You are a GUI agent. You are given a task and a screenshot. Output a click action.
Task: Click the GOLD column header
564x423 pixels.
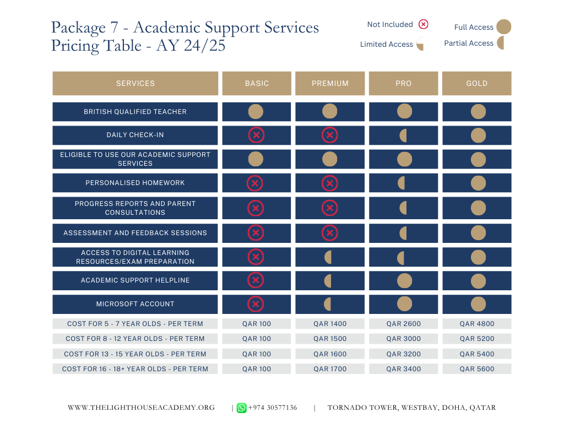click(x=476, y=84)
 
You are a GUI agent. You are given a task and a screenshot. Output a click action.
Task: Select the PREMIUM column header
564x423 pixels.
click(x=330, y=84)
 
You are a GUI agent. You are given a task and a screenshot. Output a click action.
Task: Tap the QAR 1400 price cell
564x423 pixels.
click(x=330, y=324)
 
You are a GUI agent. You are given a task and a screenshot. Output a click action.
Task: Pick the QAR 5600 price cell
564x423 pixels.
click(x=476, y=368)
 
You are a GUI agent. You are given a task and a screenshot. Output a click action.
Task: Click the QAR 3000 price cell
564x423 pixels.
click(x=403, y=339)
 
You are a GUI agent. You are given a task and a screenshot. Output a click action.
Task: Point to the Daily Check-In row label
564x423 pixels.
click(x=135, y=135)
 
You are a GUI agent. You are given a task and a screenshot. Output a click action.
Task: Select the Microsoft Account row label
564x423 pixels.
click(x=135, y=304)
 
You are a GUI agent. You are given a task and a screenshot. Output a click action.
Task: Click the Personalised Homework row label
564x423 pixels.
click(x=135, y=183)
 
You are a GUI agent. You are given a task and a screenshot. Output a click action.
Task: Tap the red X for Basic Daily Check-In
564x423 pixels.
click(x=256, y=135)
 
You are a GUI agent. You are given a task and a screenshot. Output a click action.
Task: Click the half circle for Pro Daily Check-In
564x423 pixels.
click(x=403, y=135)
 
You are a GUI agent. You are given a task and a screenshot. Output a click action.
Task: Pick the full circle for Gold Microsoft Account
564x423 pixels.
click(x=478, y=304)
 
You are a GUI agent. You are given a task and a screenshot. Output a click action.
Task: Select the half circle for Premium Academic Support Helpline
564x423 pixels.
click(x=328, y=281)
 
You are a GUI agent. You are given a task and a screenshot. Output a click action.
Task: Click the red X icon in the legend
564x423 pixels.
click(x=424, y=24)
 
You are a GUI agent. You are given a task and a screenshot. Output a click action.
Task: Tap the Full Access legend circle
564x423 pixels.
click(x=503, y=26)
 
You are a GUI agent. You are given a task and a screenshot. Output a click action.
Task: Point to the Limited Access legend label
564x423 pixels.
click(x=386, y=44)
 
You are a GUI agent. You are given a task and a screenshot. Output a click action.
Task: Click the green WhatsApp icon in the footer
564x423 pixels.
click(x=241, y=408)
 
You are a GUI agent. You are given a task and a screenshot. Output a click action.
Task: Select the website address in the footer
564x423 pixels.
click(x=142, y=408)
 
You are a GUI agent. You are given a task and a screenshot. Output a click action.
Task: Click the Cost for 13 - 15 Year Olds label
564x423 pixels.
click(x=135, y=354)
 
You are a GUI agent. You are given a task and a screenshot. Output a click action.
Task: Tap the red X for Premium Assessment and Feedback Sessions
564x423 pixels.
click(x=329, y=233)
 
